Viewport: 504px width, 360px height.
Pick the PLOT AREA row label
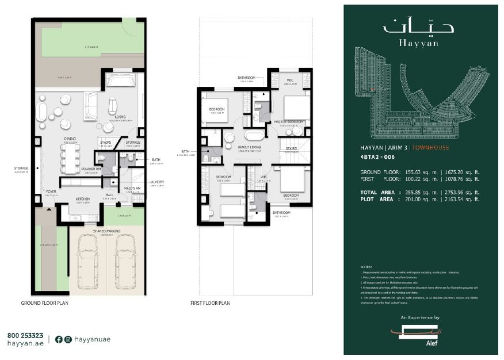click(x=377, y=199)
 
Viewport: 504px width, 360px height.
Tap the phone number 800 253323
click(x=25, y=335)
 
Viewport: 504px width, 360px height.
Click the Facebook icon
click(x=59, y=339)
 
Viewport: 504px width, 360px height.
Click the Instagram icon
click(x=68, y=339)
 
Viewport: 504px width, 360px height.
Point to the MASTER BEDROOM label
click(x=287, y=121)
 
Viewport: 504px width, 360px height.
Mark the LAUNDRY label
click(x=156, y=182)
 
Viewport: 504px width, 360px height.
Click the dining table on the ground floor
click(x=71, y=158)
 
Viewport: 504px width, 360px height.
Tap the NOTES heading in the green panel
click(x=366, y=267)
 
